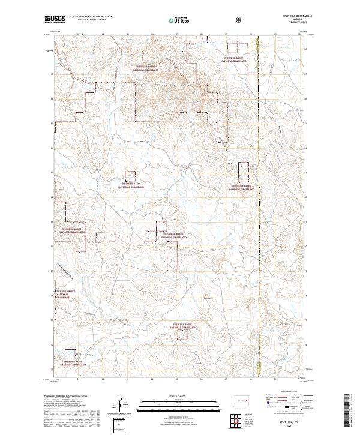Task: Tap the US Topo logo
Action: pos(179,20)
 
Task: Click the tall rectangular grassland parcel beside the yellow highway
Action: pos(244,172)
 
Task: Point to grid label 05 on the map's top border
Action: pos(177,35)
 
